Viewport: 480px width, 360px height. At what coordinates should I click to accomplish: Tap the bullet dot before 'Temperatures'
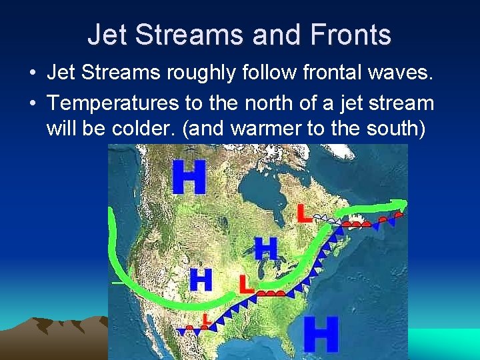click(33, 104)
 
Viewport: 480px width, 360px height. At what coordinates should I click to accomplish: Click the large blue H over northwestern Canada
click(189, 177)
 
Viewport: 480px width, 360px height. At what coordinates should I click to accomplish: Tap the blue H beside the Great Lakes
click(265, 249)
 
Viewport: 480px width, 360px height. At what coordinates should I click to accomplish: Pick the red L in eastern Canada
click(304, 213)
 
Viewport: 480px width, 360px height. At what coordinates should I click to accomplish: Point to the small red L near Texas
click(207, 321)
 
